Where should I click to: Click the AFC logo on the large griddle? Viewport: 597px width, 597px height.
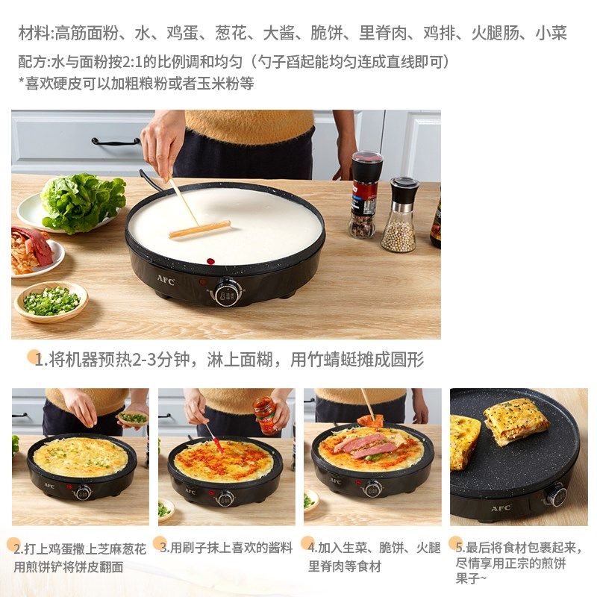(x=166, y=281)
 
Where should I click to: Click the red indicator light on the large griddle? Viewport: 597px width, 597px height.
(x=210, y=261)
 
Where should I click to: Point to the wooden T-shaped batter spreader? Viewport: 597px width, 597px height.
(x=196, y=221)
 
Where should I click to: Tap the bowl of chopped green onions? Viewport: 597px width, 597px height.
(x=51, y=301)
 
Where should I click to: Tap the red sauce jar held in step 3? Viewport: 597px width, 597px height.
(x=264, y=415)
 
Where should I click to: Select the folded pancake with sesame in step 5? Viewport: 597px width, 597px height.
(x=515, y=421)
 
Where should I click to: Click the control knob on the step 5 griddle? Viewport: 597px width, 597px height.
(x=555, y=495)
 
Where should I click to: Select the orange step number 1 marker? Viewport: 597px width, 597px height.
(x=34, y=357)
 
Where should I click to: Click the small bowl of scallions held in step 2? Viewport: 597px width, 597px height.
(x=134, y=418)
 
